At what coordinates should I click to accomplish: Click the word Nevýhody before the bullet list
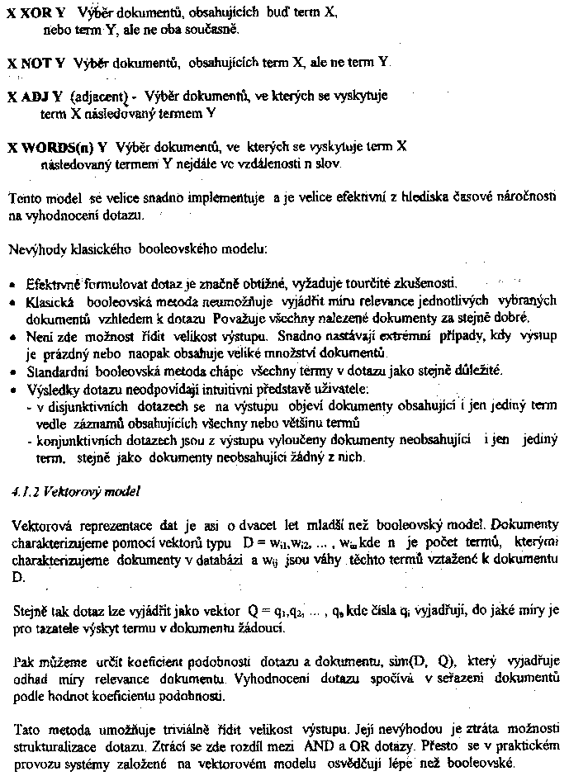[33, 248]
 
